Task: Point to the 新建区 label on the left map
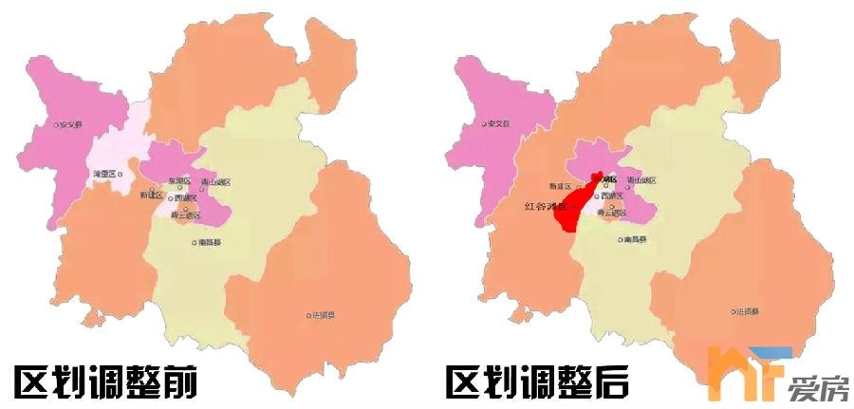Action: pyautogui.click(x=151, y=195)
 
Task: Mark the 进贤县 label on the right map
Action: pyautogui.click(x=744, y=311)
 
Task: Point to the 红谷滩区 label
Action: pyautogui.click(x=545, y=205)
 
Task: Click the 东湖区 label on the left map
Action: pyautogui.click(x=179, y=180)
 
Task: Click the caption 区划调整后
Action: pyautogui.click(x=538, y=381)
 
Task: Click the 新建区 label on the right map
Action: pyautogui.click(x=563, y=187)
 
